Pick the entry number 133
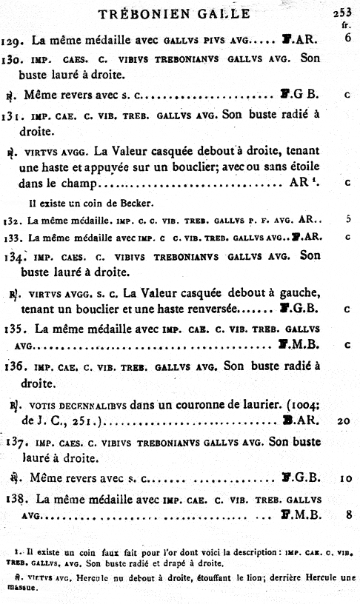click(9, 238)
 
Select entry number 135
click(11, 327)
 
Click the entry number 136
click(11, 366)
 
